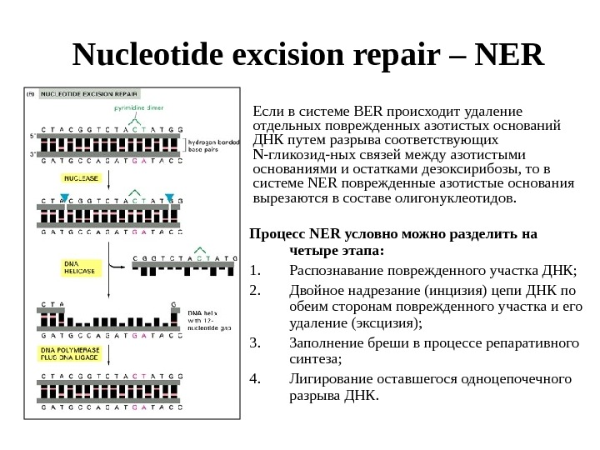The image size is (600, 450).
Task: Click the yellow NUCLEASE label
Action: [x=80, y=178]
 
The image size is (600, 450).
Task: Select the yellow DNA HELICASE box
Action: [x=80, y=266]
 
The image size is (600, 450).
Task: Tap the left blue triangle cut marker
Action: [x=65, y=197]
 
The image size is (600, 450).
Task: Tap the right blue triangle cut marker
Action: [x=168, y=197]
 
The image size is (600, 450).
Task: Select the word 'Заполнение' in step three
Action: [x=320, y=342]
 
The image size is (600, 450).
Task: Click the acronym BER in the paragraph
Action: [x=367, y=110]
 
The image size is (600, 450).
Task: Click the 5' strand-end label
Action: [x=32, y=133]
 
